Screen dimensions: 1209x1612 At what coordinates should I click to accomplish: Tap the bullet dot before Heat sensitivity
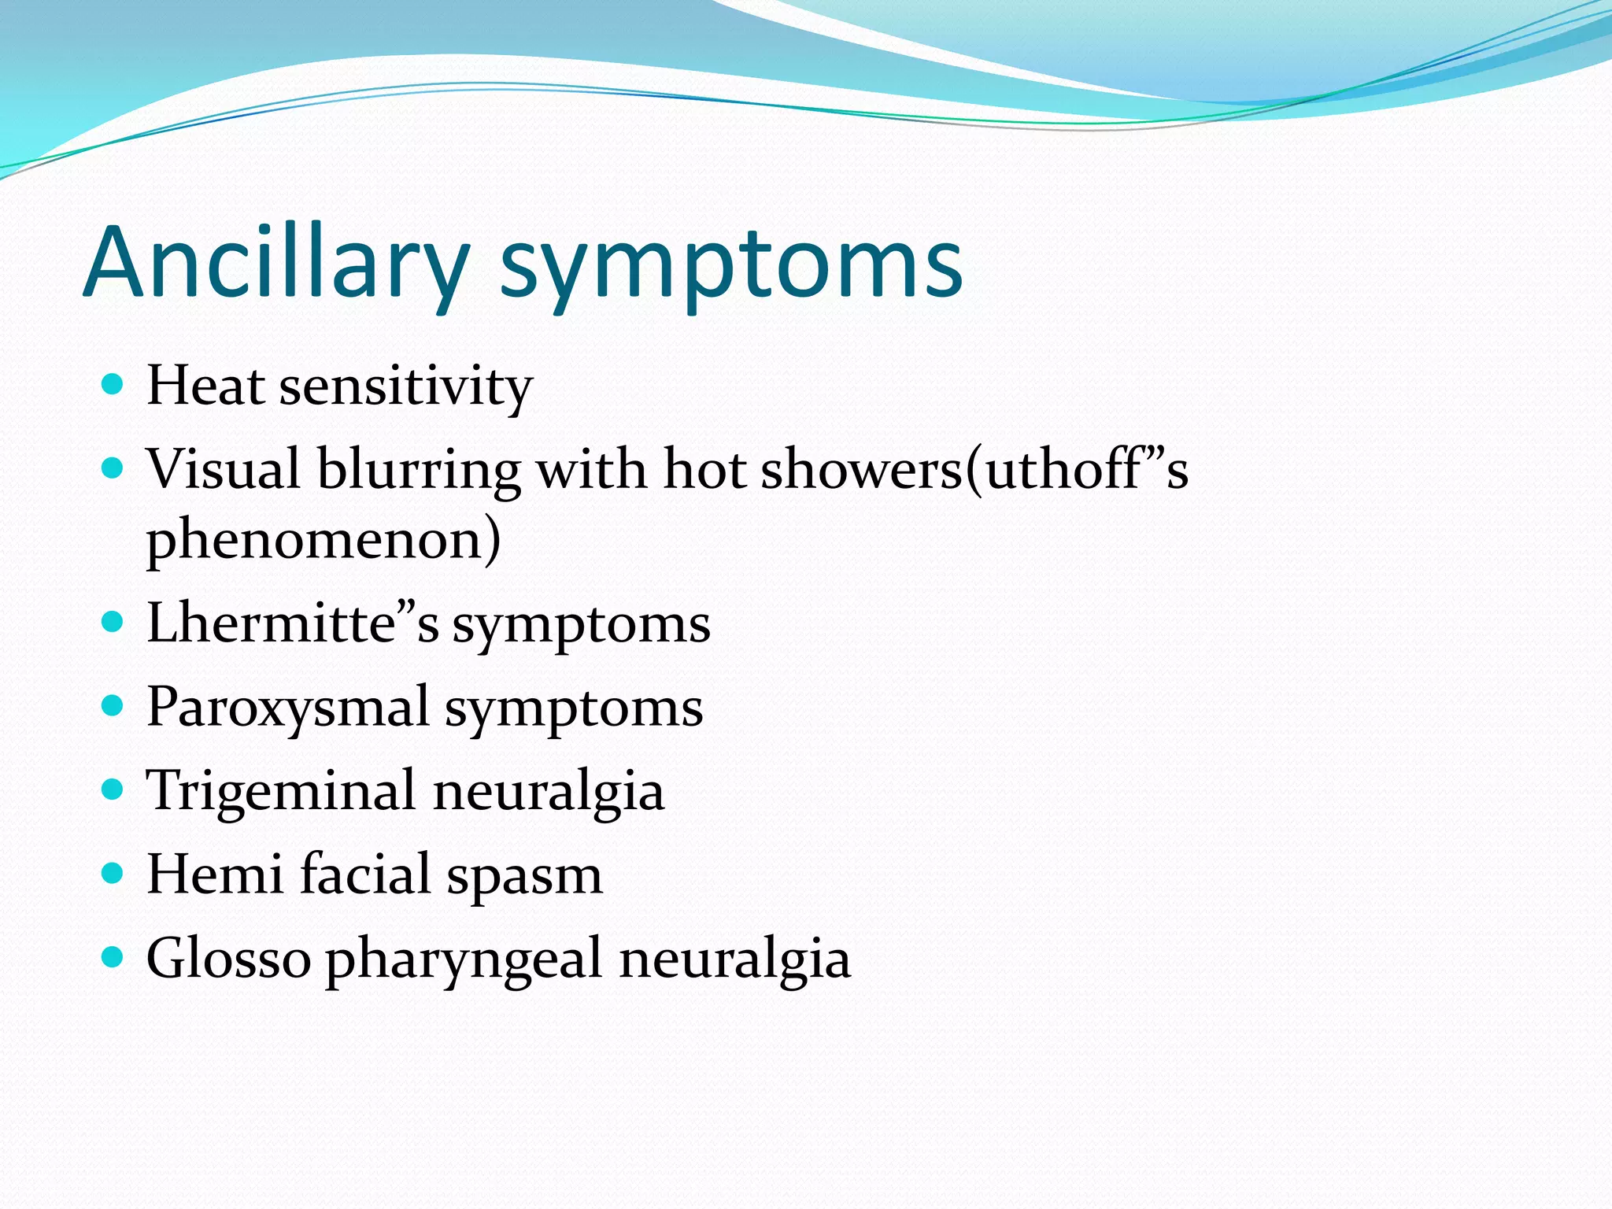(113, 385)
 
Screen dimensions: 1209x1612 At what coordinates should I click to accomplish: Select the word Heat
(205, 386)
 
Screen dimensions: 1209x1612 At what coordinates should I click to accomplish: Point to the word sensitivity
(406, 388)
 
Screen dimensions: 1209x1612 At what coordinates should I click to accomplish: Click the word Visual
(224, 470)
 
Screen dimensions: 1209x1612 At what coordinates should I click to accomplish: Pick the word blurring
(418, 471)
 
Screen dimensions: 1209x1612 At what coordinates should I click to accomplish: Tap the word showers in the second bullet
(862, 470)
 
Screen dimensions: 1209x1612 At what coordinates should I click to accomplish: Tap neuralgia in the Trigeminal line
(548, 792)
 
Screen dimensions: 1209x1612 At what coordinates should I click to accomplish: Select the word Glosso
(229, 959)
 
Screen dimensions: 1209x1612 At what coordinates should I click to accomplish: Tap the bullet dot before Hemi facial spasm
(113, 874)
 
